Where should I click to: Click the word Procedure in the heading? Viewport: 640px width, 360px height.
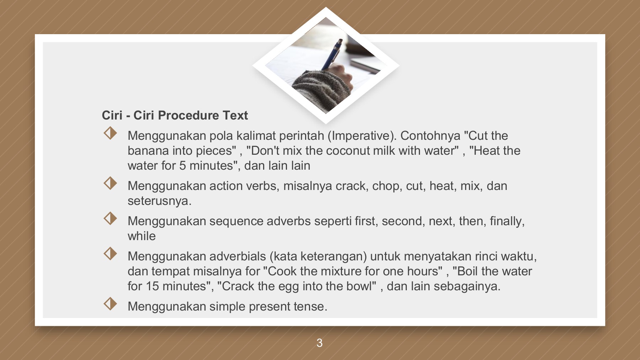pyautogui.click(x=188, y=116)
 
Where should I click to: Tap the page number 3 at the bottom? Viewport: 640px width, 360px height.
pyautogui.click(x=319, y=343)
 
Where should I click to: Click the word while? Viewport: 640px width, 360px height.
pyautogui.click(x=142, y=236)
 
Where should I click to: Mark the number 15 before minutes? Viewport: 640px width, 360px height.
pyautogui.click(x=152, y=286)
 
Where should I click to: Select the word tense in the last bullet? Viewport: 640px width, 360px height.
pyautogui.click(x=310, y=307)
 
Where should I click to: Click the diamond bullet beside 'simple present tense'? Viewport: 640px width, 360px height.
pyautogui.click(x=110, y=304)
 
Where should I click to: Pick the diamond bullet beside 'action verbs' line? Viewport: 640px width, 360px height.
pyautogui.click(x=110, y=183)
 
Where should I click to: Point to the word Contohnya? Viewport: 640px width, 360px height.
pyautogui.click(x=430, y=136)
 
